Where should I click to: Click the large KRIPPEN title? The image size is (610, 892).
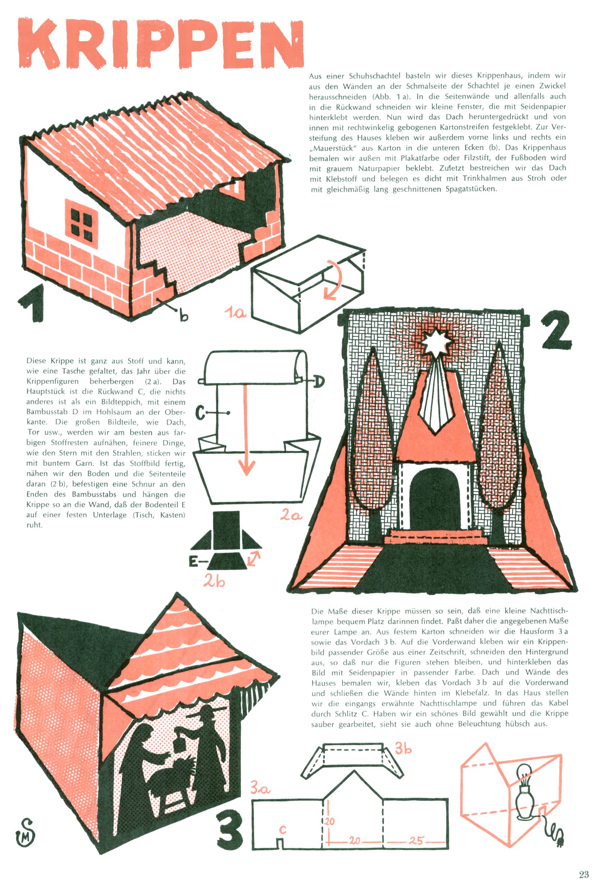point(161,43)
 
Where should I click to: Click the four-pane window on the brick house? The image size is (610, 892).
point(81,224)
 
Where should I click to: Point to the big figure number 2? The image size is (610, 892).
point(556,329)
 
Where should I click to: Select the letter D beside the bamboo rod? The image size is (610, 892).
point(319,382)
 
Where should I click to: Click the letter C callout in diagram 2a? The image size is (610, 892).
point(201,413)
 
